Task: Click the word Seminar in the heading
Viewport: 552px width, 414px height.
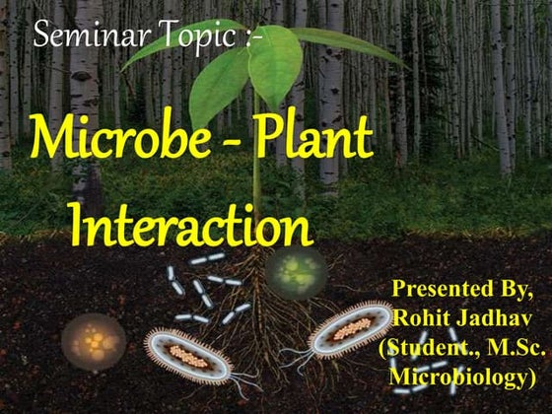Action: [77, 38]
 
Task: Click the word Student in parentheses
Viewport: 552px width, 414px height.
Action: [429, 350]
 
